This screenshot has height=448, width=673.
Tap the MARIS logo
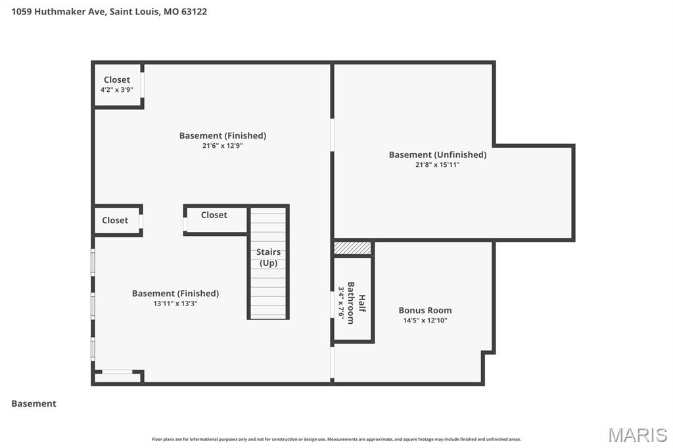coord(638,435)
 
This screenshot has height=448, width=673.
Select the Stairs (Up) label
coord(268,258)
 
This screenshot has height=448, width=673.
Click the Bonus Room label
coord(425,310)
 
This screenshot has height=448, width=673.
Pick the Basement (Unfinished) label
coord(437,155)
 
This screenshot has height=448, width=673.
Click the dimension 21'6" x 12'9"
coord(223,146)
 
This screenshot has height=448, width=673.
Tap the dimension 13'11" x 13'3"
coord(175,303)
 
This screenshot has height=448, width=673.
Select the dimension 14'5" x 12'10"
coord(425,321)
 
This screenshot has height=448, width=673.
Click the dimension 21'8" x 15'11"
coord(437,165)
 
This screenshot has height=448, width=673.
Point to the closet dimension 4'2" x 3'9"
coord(117,90)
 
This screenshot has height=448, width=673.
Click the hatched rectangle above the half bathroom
coord(353,248)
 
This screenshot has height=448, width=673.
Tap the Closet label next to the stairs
coord(214,215)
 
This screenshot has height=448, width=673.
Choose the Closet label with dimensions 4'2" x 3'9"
coord(117,79)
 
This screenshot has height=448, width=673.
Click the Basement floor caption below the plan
coord(34,403)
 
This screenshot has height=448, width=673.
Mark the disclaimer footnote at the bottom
coord(336,439)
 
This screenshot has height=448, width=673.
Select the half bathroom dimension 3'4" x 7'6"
coord(341,303)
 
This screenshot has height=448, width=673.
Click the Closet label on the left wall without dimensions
coord(115,221)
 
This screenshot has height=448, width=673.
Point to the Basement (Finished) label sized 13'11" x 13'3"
coord(175,294)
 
